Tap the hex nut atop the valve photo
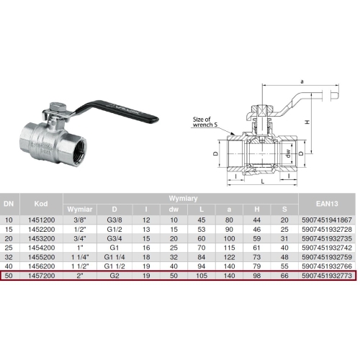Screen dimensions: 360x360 55,107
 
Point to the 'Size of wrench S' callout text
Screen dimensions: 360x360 205,122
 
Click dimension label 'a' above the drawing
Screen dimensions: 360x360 302,81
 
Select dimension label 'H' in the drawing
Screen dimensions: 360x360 307,122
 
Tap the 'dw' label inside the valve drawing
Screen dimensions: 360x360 288,153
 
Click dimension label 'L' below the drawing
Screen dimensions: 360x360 263,181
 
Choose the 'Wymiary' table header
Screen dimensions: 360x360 183,199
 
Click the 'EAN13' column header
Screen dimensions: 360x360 327,204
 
